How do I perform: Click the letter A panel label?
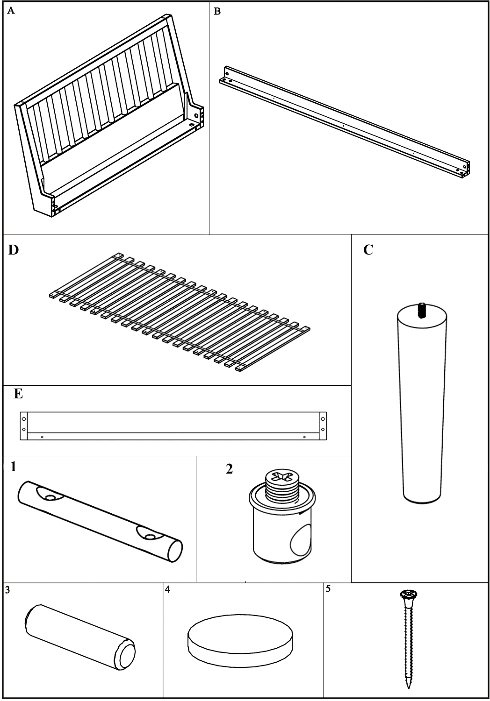11,12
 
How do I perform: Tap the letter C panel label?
368,250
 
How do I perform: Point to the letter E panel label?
18,394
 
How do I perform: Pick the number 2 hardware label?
229,469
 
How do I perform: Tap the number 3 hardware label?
7,590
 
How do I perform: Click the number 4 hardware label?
167,589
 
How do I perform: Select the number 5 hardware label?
328,588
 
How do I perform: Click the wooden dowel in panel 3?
80,637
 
